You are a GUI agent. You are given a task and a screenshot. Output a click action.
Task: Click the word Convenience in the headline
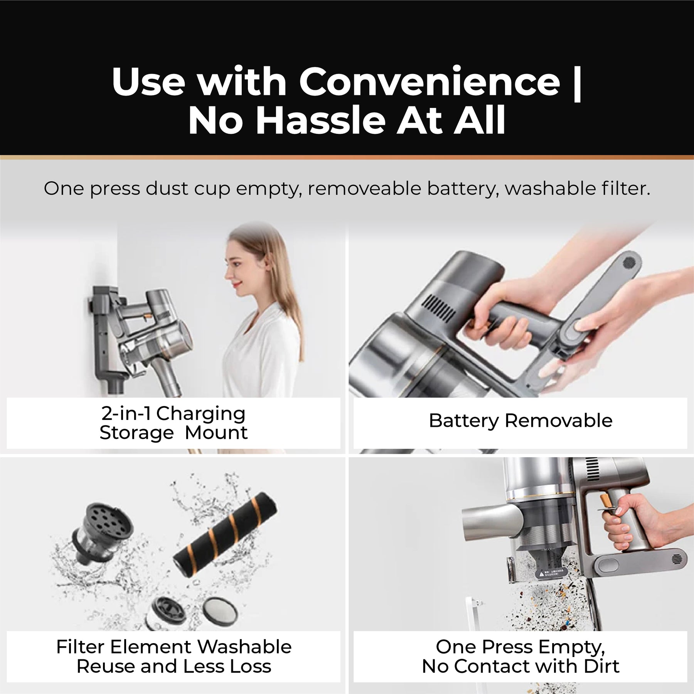pos(430,82)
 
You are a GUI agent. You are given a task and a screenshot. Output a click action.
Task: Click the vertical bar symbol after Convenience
pos(577,83)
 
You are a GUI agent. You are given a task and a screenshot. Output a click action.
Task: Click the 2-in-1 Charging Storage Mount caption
pos(173,423)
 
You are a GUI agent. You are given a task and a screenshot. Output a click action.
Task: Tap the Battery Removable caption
pos(520,421)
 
